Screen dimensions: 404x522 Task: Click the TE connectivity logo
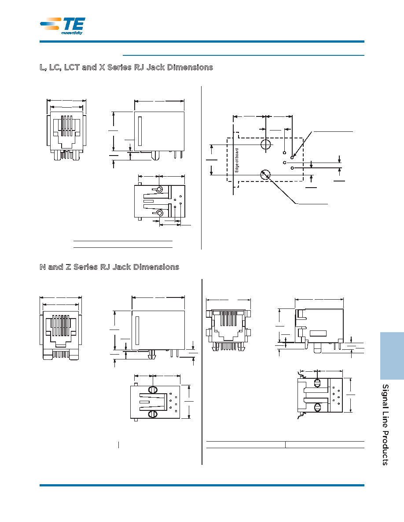click(62, 25)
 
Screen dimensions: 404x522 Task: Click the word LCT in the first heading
click(72, 67)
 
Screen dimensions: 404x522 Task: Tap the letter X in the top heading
click(102, 67)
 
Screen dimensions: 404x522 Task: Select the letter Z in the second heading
click(68, 267)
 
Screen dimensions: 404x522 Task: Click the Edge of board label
click(237, 160)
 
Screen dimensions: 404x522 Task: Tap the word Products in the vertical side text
click(386, 448)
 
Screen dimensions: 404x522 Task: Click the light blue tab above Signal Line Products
click(392, 355)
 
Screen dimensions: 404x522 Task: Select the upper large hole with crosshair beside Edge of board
click(266, 145)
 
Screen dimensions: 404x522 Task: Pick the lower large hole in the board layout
click(265, 174)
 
